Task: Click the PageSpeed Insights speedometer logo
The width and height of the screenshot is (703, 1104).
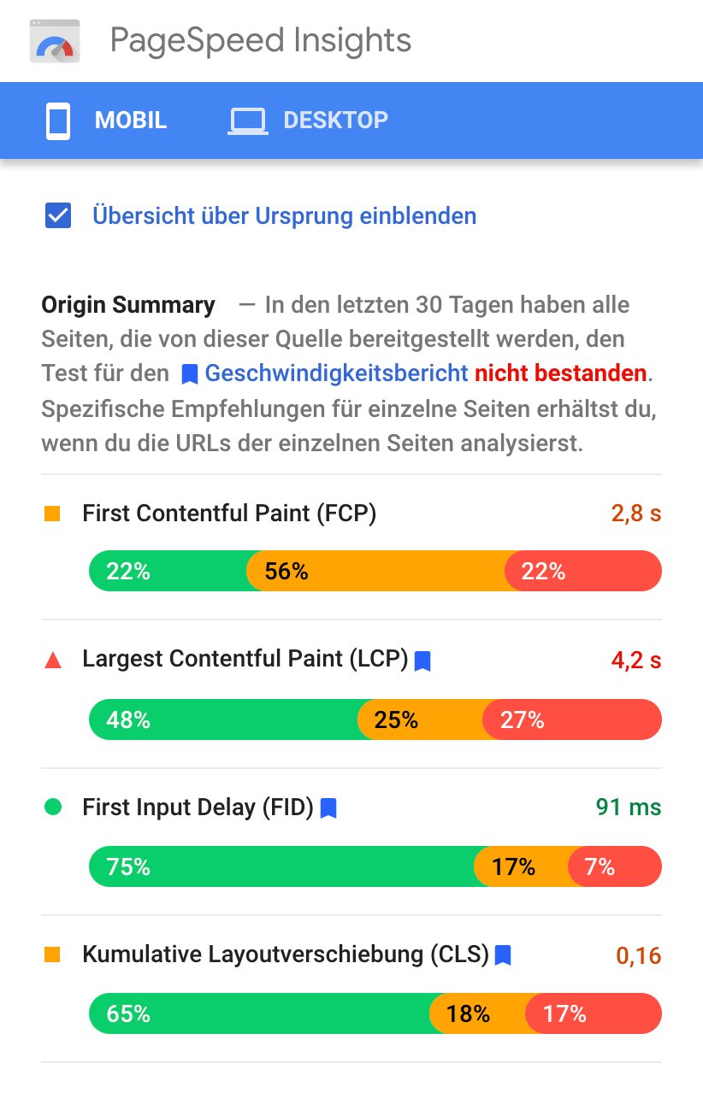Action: pos(55,42)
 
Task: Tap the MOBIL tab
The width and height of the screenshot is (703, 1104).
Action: pos(107,120)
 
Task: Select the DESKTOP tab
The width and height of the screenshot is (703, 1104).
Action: pos(309,120)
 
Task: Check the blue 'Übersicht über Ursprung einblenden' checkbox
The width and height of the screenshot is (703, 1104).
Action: pos(58,215)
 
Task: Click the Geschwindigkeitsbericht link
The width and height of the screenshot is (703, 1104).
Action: pos(336,373)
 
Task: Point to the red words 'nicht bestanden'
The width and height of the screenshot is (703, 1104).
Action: pos(560,373)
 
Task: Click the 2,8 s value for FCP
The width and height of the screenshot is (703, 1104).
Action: pos(636,514)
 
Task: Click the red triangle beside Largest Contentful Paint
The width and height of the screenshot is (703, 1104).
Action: pos(53,660)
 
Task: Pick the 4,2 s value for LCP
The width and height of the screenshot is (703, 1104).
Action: pos(636,661)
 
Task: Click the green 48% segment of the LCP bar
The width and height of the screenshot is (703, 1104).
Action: pos(222,719)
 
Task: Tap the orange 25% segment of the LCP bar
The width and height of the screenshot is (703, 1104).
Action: pos(419,719)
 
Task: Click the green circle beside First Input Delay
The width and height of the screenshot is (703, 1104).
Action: pos(53,807)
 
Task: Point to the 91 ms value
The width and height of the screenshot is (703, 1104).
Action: pos(629,807)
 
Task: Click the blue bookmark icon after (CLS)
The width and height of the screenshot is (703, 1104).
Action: pos(503,954)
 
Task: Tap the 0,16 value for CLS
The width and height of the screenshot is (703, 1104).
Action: pos(639,955)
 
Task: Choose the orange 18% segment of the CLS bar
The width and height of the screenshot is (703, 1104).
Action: pos(476,1014)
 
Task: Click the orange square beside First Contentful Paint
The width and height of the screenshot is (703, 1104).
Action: pos(53,514)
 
